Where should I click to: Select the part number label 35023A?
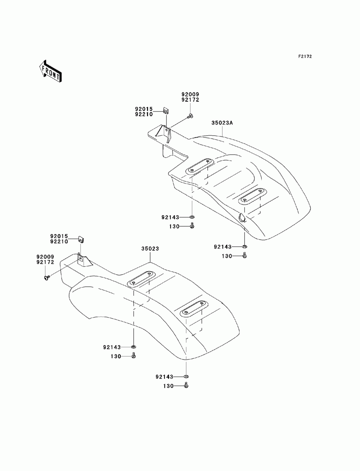(222, 123)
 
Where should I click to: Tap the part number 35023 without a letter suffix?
(150, 249)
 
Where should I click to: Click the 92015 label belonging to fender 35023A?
(144, 109)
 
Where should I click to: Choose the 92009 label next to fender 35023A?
(190, 95)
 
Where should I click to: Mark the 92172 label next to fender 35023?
(45, 262)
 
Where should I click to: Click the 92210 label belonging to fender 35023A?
(144, 114)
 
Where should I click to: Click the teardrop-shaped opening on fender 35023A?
(241, 217)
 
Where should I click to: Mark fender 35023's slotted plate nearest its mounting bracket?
(143, 279)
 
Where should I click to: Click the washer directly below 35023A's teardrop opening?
(244, 246)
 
